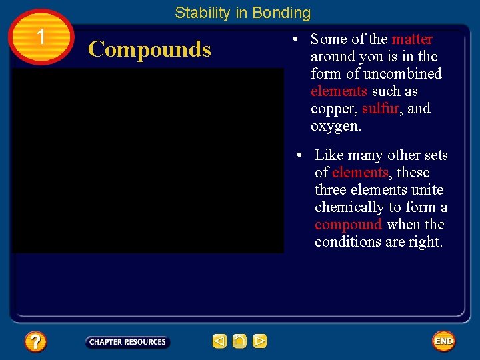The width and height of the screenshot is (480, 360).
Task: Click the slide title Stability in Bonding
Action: [x=243, y=13]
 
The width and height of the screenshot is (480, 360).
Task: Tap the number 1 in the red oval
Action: [x=41, y=37]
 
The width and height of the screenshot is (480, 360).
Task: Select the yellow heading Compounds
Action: [x=149, y=49]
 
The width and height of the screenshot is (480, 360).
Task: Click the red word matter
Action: [x=412, y=39]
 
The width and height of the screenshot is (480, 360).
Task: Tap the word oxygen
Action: [x=336, y=126]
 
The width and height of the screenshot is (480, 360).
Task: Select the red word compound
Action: [x=348, y=225]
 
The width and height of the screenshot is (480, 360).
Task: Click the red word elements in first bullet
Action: [x=339, y=91]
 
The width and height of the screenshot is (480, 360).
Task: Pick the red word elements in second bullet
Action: [x=360, y=173]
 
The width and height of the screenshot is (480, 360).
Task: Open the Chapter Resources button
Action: [x=127, y=342]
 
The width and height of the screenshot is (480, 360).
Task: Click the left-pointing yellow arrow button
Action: [x=219, y=341]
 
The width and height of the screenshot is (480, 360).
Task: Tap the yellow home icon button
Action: [x=240, y=341]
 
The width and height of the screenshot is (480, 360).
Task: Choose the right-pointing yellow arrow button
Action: [x=260, y=341]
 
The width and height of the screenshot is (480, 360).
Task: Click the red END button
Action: [x=443, y=341]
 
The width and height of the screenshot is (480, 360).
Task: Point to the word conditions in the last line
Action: [x=348, y=242]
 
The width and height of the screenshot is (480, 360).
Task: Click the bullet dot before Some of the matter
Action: [x=294, y=40]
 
